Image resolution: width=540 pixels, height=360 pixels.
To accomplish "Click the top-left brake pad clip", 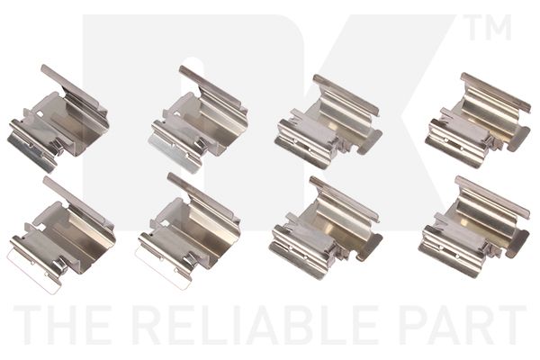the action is point(58,119).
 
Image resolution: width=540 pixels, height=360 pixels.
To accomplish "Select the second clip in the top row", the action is point(198,119).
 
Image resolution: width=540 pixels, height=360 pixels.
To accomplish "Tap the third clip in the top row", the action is point(328,122).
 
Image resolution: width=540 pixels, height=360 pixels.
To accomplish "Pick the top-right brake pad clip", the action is point(478,121).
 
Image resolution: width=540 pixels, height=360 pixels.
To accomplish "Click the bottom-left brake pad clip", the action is point(62,234).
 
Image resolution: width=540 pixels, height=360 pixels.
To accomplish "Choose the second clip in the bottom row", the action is point(188,229).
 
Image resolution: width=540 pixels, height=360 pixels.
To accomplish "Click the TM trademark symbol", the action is point(490,27).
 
